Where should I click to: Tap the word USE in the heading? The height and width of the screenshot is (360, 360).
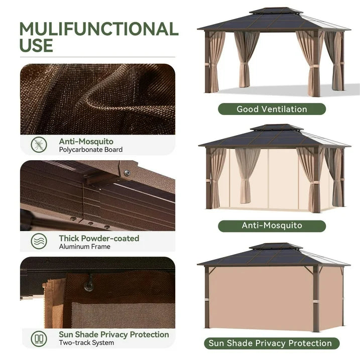[x=36, y=45]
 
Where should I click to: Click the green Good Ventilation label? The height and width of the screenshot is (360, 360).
[x=272, y=109]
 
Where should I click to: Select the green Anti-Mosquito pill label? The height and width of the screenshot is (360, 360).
[x=272, y=225]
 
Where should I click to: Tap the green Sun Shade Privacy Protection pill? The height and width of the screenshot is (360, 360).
[x=272, y=343]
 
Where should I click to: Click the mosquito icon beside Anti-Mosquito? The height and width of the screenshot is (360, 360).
[x=39, y=145]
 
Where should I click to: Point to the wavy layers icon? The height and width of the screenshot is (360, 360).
[x=39, y=242]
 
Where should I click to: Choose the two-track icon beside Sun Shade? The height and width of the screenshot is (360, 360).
[x=39, y=338]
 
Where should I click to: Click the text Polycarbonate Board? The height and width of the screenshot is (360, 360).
[x=91, y=150]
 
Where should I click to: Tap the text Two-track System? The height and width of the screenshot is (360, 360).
[x=86, y=343]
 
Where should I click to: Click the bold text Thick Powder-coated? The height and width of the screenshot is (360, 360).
[x=99, y=238]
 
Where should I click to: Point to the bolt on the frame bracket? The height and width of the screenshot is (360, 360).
[x=127, y=173]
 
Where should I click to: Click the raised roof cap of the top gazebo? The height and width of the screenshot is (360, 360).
[x=272, y=11]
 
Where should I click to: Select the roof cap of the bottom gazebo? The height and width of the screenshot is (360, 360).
[x=272, y=247]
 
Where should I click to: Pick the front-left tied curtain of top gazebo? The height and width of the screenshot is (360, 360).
[x=215, y=63]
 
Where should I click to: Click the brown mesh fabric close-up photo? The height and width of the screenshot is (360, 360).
[x=97, y=99]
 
